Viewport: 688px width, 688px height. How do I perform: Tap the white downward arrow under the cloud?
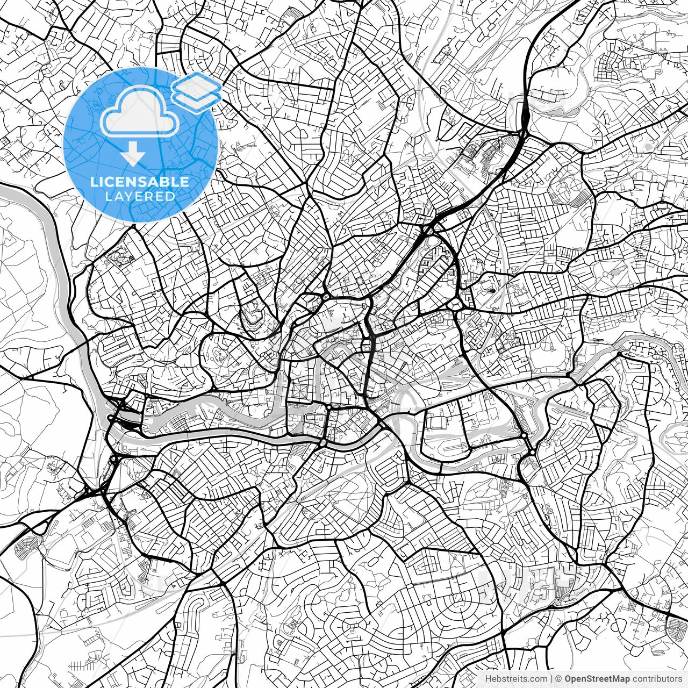pos(132,155)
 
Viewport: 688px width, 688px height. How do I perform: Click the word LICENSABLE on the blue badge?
pos(140,182)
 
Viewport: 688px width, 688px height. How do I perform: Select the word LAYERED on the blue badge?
pos(140,197)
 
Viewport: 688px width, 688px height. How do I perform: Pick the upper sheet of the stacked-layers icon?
pos(196,85)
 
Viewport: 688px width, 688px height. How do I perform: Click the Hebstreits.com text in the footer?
pos(516,679)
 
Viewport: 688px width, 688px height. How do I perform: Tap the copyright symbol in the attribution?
pos(559,679)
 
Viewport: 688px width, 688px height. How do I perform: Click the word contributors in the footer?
pos(656,679)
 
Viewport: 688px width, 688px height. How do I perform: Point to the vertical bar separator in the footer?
pos(552,679)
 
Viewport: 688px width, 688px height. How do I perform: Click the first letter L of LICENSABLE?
pos(93,182)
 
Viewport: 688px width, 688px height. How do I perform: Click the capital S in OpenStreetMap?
pos(591,679)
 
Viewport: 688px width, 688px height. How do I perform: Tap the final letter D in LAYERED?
pos(170,197)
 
